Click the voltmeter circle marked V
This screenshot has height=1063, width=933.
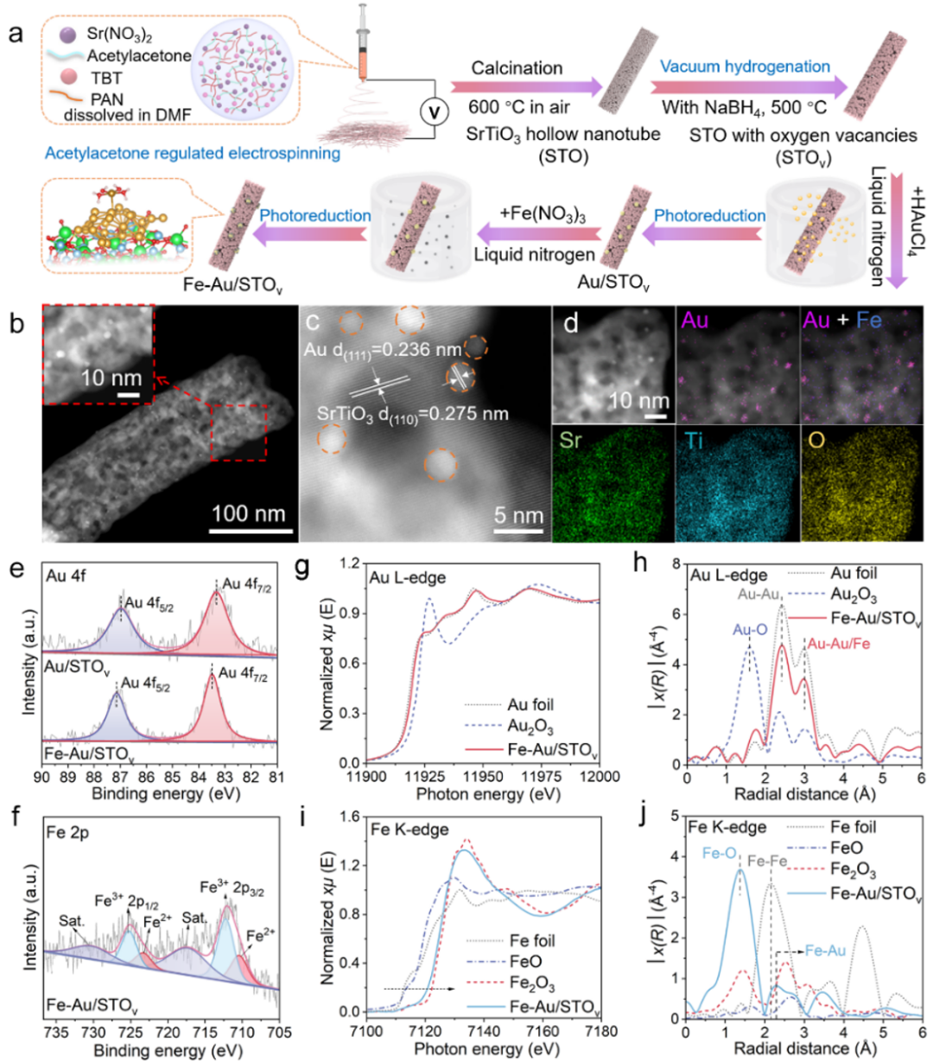(423, 112)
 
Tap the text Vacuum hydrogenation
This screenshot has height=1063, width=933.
(746, 67)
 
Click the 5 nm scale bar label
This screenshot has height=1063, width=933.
(518, 516)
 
